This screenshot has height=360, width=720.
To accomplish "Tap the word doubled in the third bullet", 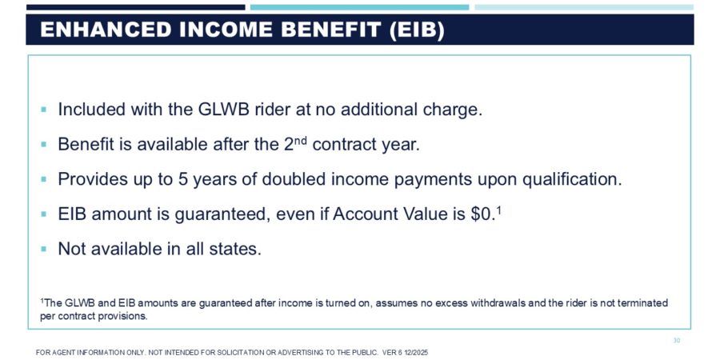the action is pyautogui.click(x=299, y=179).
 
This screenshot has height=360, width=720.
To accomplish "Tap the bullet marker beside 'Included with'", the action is pyautogui.click(x=44, y=110).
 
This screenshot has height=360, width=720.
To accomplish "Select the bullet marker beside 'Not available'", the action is pyautogui.click(x=44, y=249).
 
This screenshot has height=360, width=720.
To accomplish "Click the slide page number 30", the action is pyautogui.click(x=676, y=341).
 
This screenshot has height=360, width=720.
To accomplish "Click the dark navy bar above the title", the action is pyautogui.click(x=135, y=7).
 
